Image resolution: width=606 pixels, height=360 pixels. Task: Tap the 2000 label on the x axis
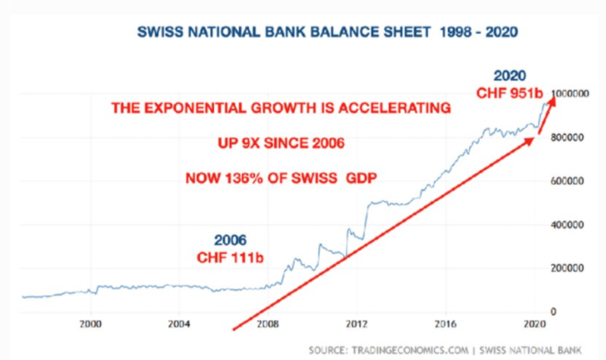[x=91, y=324]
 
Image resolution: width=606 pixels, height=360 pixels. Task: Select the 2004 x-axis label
[x=179, y=324]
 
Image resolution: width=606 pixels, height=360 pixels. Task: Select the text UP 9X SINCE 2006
[x=280, y=144]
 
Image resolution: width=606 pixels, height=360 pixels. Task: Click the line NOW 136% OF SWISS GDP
[x=281, y=178]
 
